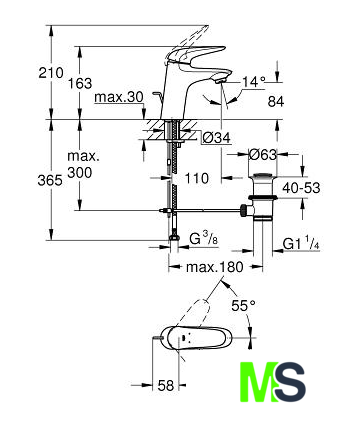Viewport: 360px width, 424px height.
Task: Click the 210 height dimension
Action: coord(51,73)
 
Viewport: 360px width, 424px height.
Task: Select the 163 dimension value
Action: coord(80,83)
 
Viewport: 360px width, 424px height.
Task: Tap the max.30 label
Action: coord(119,97)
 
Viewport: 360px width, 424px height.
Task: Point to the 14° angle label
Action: coord(254,81)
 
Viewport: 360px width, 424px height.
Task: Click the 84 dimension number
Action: coord(276,102)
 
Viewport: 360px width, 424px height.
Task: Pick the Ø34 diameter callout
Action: coord(217,137)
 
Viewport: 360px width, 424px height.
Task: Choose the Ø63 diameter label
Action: coord(263,155)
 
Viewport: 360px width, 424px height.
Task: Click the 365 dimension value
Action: coord(50,180)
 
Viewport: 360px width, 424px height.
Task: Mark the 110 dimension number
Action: coord(197,178)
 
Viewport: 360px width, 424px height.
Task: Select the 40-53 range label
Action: coord(301,188)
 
